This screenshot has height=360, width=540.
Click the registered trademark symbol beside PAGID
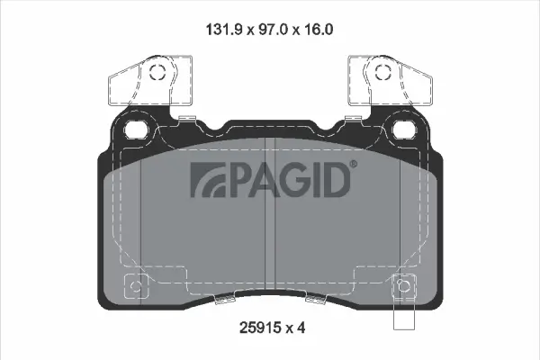coord(352,165)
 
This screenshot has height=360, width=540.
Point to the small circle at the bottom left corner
coord(136,288)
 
